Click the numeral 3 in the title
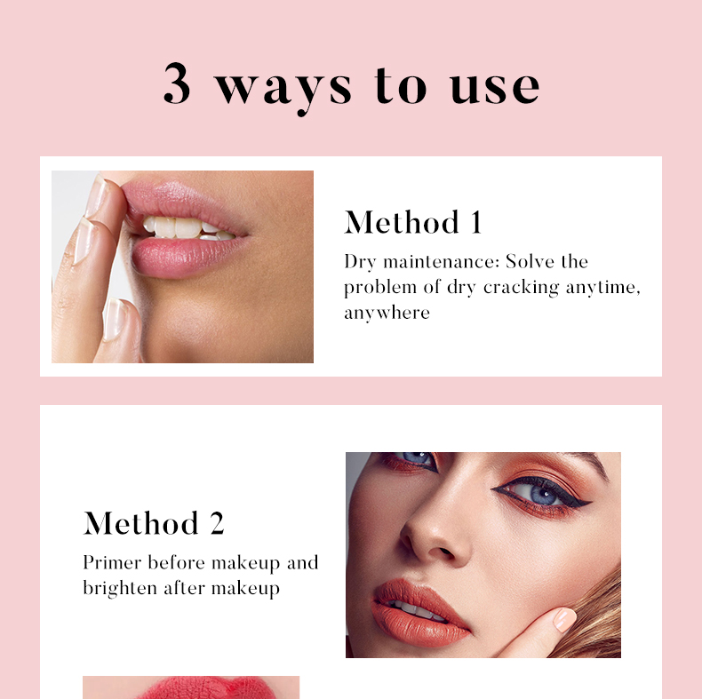point(178,85)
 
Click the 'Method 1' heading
point(413,222)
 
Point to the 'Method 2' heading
point(154,523)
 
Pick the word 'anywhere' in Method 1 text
point(387,313)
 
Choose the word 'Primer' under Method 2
point(112,562)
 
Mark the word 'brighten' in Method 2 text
point(119,588)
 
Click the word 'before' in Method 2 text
point(177,562)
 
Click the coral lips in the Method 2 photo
point(419,612)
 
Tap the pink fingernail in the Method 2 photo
point(563,619)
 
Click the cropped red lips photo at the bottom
point(191,687)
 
